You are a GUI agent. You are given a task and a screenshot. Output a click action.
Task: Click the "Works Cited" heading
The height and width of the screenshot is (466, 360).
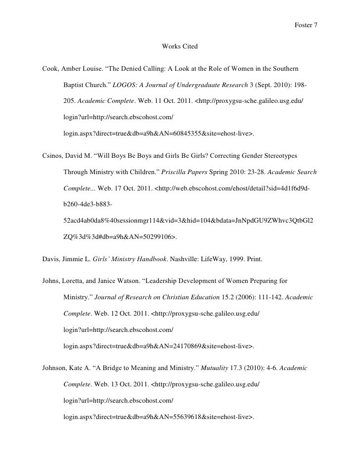pyautogui.click(x=180, y=47)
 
